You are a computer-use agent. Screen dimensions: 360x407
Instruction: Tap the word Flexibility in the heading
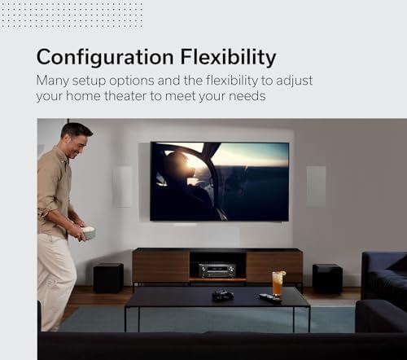pyautogui.click(x=226, y=58)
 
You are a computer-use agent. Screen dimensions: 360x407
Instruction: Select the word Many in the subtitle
pyautogui.click(x=54, y=81)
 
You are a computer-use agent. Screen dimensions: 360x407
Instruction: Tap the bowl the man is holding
pyautogui.click(x=87, y=233)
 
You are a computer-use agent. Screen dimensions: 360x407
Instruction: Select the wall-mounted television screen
pyautogui.click(x=219, y=181)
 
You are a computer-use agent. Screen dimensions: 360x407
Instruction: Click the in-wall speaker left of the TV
pyautogui.click(x=124, y=186)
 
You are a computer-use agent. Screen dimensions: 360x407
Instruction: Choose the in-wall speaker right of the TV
pyautogui.click(x=316, y=186)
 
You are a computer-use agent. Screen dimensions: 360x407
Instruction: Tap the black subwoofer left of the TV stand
pyautogui.click(x=108, y=277)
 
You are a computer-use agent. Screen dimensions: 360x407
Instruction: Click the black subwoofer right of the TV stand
pyautogui.click(x=327, y=278)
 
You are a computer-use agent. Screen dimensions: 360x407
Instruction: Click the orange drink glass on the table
pyautogui.click(x=278, y=283)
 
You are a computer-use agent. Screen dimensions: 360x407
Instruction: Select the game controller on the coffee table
pyautogui.click(x=222, y=295)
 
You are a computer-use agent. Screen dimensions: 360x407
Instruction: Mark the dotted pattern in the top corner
pyautogui.click(x=72, y=14)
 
